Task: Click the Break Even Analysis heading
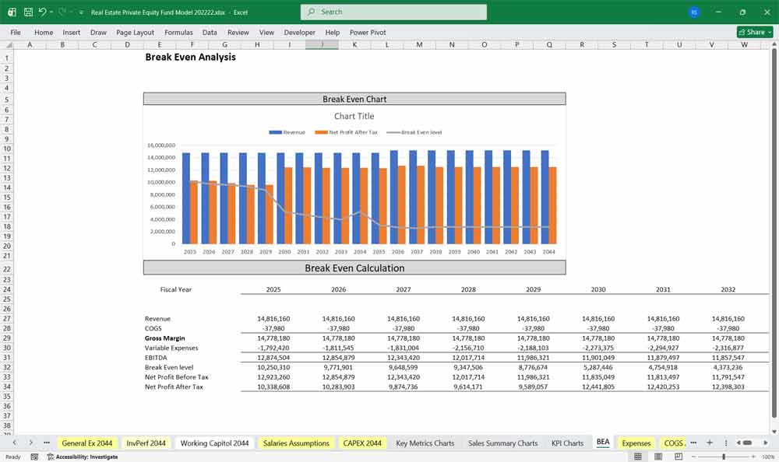point(190,57)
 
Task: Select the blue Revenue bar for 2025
point(186,198)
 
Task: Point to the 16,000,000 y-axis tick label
point(160,145)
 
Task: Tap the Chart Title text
point(354,116)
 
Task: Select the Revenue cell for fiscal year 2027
point(404,319)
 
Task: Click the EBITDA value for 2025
point(273,358)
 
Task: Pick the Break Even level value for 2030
point(598,367)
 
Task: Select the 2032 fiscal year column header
point(728,289)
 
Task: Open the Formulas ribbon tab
point(178,33)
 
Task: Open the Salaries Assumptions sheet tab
point(296,443)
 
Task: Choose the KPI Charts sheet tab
point(567,443)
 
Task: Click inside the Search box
point(393,12)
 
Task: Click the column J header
point(322,44)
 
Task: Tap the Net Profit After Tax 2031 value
point(663,387)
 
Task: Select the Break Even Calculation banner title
point(354,268)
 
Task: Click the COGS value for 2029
point(534,328)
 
